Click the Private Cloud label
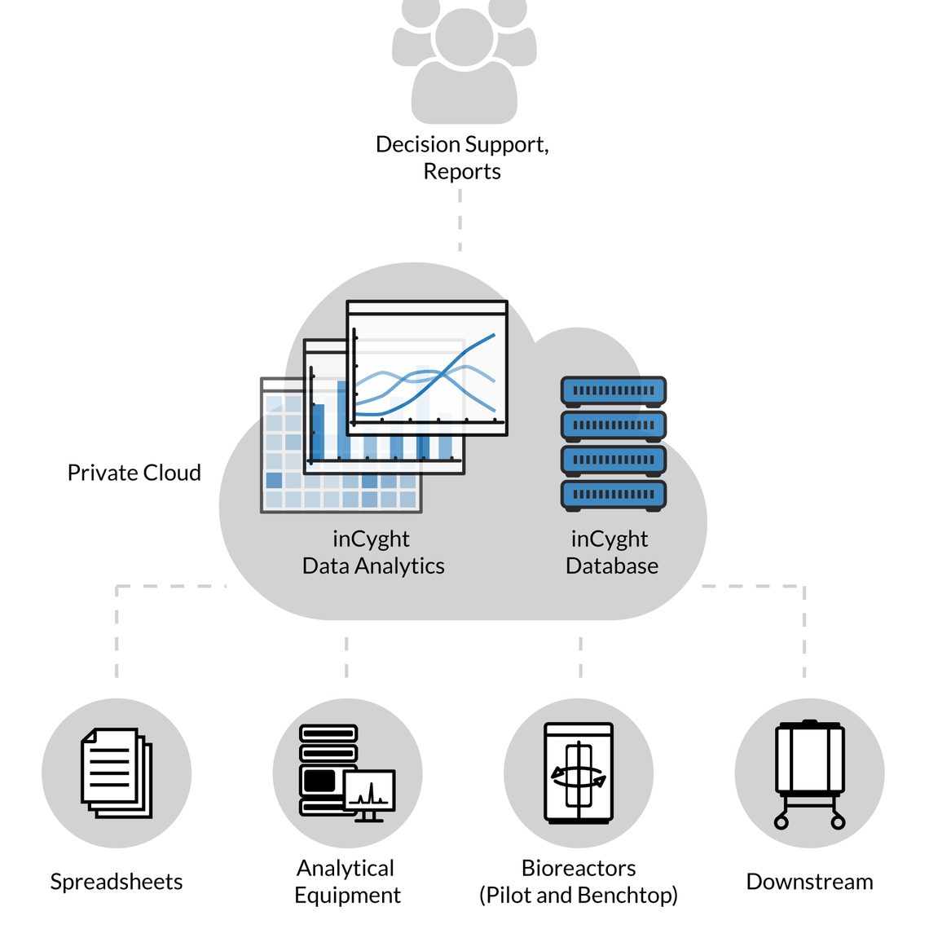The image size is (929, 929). coord(134,473)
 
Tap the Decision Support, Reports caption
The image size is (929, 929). coord(462,157)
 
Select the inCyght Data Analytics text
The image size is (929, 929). coord(372,553)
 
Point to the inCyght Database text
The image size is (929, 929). coord(611,553)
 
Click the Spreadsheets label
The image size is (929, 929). coord(117,882)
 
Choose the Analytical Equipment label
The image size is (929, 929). coord(347,882)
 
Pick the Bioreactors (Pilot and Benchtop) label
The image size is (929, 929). coord(579,882)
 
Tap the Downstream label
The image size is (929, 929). coord(809,882)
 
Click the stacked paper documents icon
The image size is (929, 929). coord(117,773)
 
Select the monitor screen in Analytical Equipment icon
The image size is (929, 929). coord(370,791)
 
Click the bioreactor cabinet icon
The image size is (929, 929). coord(579,773)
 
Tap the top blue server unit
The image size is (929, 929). coord(614,391)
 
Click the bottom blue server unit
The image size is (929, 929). coord(614,495)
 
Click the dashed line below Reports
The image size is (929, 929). coord(460,220)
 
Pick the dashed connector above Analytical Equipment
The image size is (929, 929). coord(346,657)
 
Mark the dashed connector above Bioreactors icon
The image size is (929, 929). coord(580,657)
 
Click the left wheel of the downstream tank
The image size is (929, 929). coord(782,822)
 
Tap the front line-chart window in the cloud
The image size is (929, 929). coord(427,368)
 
